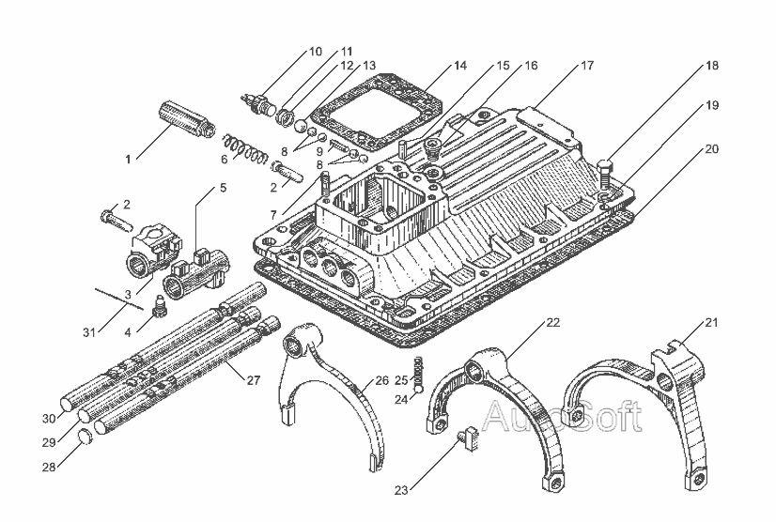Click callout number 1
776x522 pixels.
click(129, 159)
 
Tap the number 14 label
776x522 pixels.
click(459, 66)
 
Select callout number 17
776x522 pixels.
click(587, 66)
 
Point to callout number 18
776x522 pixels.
click(713, 66)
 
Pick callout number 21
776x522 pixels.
click(711, 324)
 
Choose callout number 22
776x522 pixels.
click(552, 323)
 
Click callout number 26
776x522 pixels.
click(381, 380)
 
